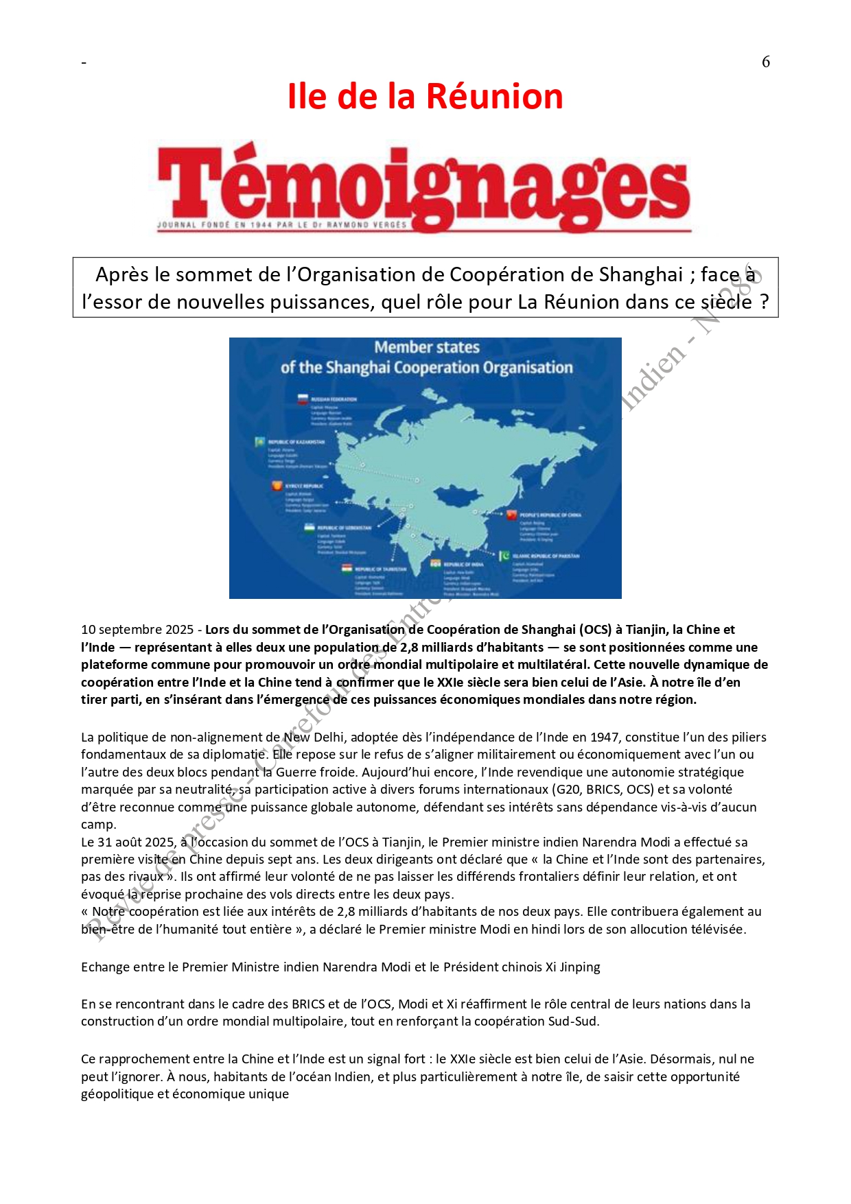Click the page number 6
(766, 62)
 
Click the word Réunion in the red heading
(493, 96)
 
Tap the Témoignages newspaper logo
(424, 187)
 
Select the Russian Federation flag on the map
(301, 399)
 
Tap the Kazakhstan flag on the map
(260, 442)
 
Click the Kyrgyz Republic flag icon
(277, 486)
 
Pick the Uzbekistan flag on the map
(310, 528)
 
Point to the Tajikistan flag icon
(347, 569)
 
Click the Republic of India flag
(435, 564)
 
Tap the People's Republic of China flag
(511, 515)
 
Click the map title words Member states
(427, 347)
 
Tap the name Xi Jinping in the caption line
(572, 967)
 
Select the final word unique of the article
(268, 1094)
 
